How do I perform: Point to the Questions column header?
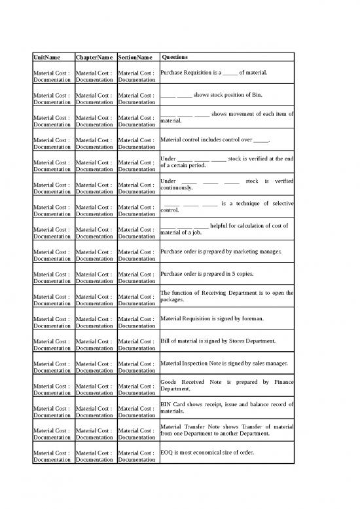click(177, 58)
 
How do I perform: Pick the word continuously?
click(176, 189)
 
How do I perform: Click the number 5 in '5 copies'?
click(229, 274)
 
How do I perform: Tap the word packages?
click(174, 300)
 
